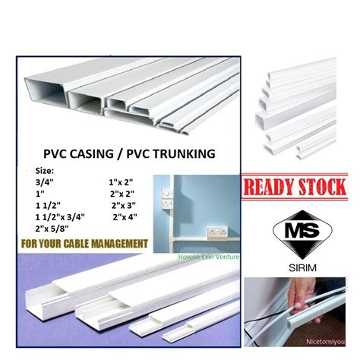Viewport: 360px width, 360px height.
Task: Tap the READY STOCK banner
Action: tap(294, 186)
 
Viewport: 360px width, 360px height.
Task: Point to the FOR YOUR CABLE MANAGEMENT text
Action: tap(84, 245)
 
